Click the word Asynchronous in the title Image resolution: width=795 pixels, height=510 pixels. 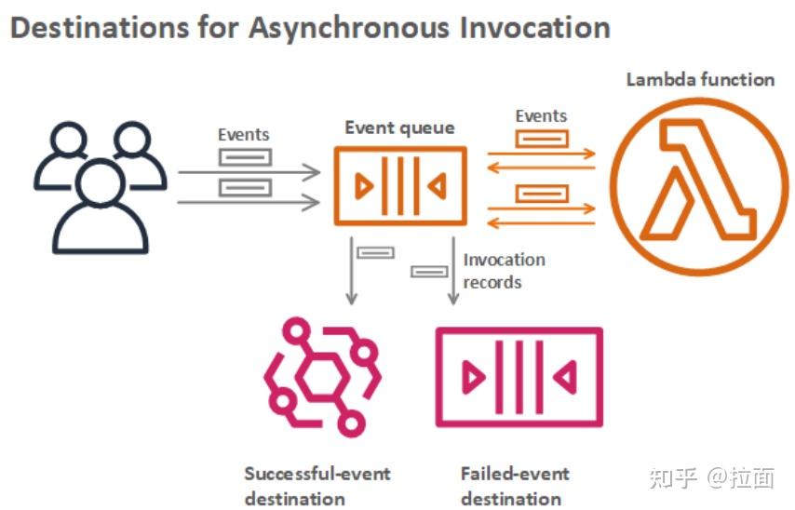[x=349, y=29]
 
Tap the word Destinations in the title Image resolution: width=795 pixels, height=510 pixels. [x=100, y=27]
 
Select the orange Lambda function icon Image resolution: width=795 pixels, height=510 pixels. [x=700, y=186]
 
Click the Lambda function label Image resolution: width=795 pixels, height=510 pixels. [x=700, y=80]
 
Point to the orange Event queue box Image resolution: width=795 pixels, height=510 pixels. [x=400, y=186]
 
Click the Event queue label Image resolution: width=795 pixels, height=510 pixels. [x=399, y=128]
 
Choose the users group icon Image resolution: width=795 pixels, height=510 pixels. [x=101, y=187]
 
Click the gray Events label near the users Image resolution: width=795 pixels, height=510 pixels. [x=243, y=135]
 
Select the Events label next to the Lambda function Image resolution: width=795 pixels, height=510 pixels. [x=541, y=116]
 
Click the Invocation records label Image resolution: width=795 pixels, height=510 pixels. [x=504, y=271]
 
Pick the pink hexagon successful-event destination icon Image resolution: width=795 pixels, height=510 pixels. [x=322, y=377]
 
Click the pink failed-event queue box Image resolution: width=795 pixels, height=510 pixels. [x=519, y=377]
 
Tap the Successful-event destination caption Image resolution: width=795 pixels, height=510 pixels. [x=317, y=486]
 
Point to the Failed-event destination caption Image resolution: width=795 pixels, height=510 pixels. [x=515, y=486]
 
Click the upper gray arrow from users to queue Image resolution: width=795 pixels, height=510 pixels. [x=249, y=172]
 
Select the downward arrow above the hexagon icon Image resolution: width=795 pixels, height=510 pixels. [x=351, y=271]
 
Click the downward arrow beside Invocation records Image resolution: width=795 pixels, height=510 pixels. [x=453, y=271]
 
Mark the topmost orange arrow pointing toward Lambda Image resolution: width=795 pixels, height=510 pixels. [x=542, y=154]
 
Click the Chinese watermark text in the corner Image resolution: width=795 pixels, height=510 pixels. [x=712, y=478]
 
